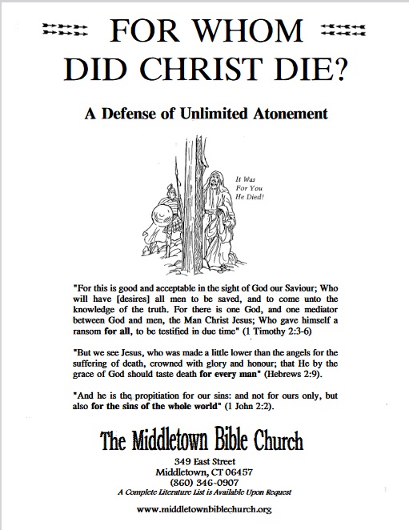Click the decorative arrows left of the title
tap(63, 31)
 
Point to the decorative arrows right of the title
tap(344, 31)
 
